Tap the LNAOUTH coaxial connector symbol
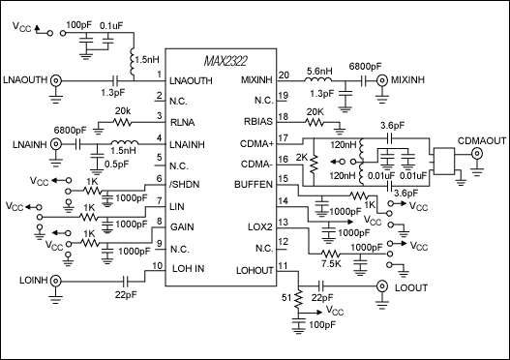56,82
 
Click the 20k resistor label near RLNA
122,111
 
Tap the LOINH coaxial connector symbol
56,282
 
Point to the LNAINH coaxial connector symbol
56,145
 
